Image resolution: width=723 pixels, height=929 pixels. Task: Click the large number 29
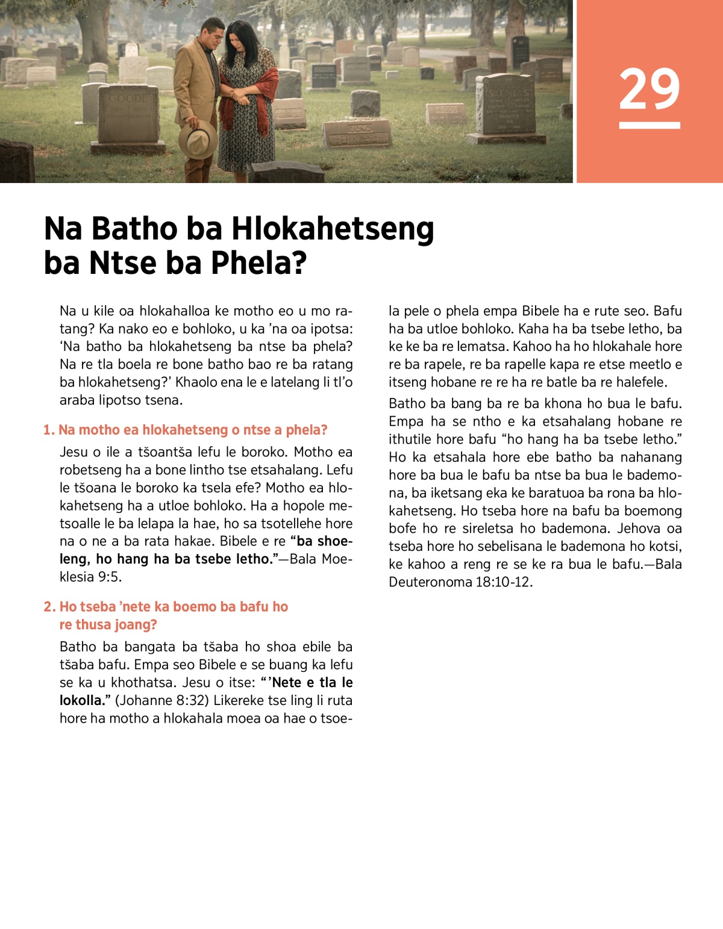coord(649,89)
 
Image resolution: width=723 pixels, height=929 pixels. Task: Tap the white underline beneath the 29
coord(649,125)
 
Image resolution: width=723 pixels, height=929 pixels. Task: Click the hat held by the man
coord(198,139)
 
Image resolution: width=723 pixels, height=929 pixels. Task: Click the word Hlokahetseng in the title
coord(333,229)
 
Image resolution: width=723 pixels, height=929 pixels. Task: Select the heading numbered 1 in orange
coord(186,430)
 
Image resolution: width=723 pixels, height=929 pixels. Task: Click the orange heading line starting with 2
coord(166,606)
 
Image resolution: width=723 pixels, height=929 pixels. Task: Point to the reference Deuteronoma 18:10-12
coord(460,582)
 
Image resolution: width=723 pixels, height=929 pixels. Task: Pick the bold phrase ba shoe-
coord(324,541)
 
